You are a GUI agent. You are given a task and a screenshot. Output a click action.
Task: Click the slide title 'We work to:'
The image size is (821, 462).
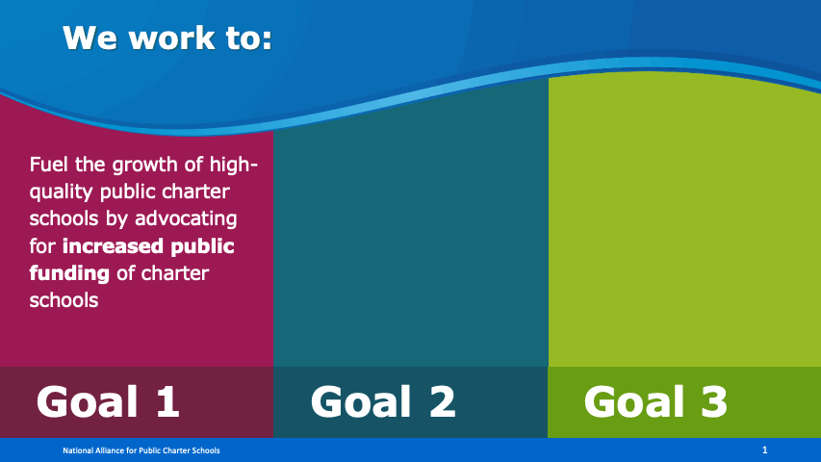[167, 38]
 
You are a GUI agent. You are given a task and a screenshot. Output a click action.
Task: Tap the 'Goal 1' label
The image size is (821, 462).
[108, 401]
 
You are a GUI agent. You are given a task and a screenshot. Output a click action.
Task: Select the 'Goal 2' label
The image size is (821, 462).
[383, 401]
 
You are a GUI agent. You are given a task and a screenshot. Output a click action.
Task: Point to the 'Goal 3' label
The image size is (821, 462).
[655, 401]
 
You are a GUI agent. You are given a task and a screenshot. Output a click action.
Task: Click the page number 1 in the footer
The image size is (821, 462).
[765, 449]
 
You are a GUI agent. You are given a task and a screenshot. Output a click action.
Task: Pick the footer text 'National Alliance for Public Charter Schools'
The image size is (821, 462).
[141, 450]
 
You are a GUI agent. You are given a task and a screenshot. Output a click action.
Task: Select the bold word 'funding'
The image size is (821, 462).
[69, 273]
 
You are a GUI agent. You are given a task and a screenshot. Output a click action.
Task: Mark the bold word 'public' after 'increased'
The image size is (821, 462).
[203, 246]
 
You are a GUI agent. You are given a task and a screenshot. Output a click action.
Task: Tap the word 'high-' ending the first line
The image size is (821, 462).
[234, 166]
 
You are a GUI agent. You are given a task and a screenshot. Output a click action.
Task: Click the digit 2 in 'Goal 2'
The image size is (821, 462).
[443, 401]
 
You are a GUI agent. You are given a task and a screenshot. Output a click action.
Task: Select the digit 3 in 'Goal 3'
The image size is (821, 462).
[714, 401]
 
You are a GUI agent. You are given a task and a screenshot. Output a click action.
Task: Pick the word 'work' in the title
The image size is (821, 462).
[171, 38]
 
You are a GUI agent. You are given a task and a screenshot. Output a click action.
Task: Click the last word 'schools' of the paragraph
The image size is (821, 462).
[64, 300]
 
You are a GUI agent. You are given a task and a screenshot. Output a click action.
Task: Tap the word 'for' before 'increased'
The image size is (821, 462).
[42, 246]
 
